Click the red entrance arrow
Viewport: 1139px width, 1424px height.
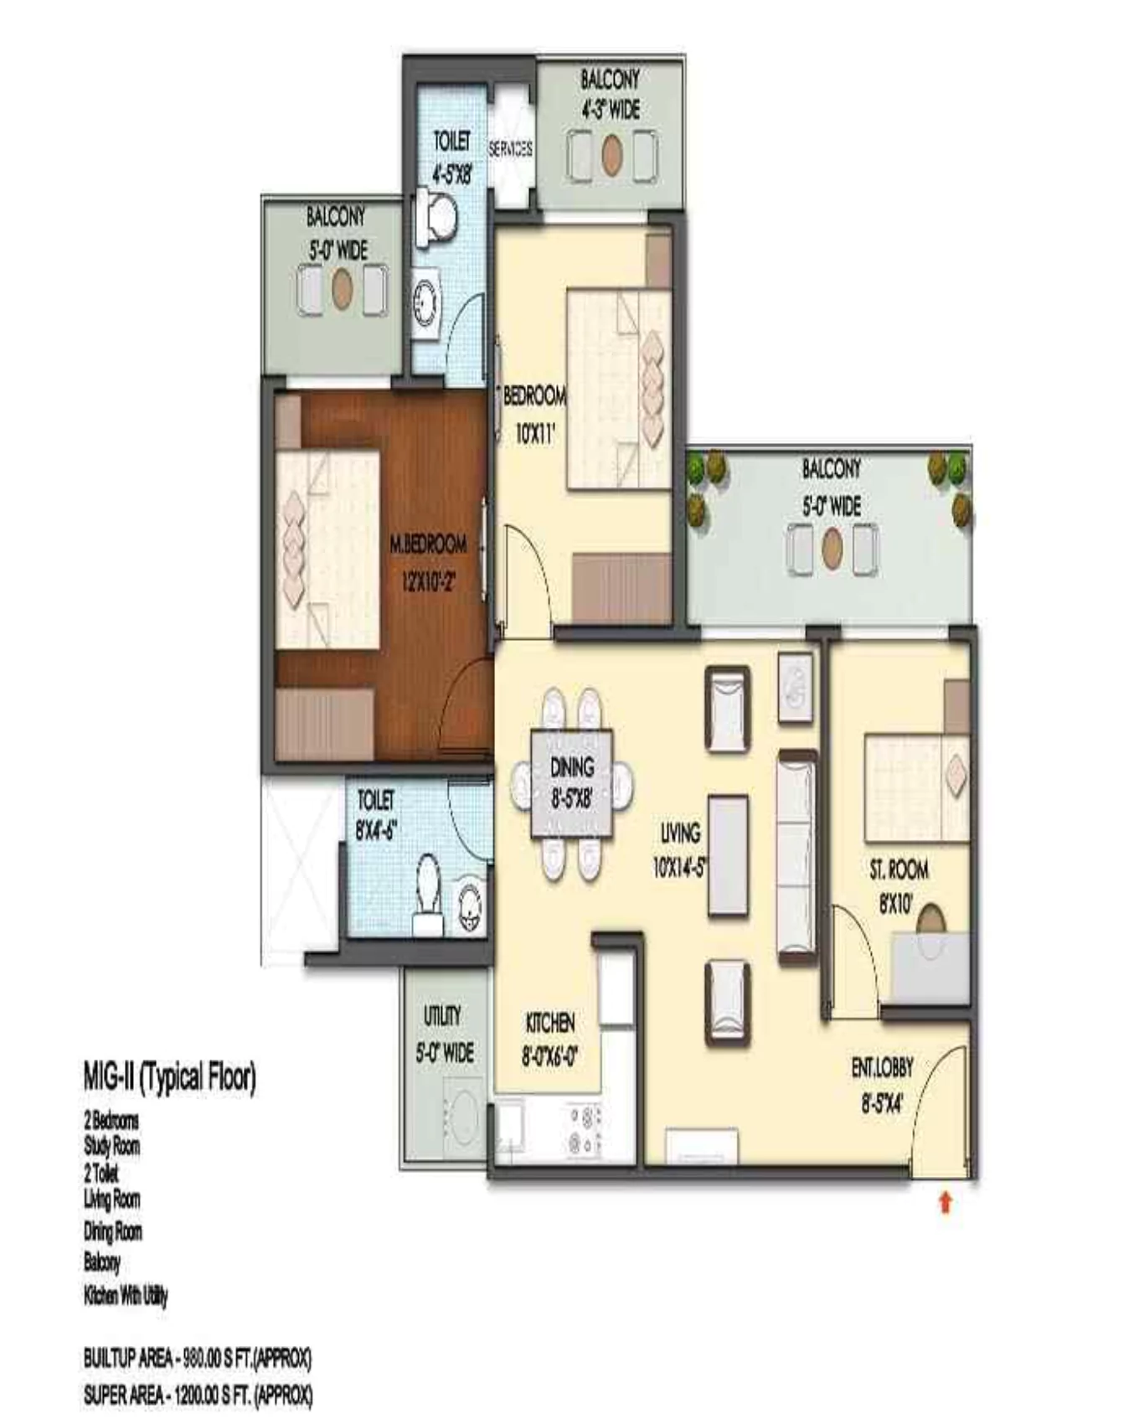point(946,1203)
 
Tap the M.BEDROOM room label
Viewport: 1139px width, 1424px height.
point(428,545)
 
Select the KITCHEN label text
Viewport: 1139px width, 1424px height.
point(550,1023)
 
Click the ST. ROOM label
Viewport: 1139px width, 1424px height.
point(899,870)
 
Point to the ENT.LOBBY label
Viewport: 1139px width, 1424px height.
point(882,1068)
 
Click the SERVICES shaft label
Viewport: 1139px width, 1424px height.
point(510,149)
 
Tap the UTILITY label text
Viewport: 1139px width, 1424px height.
point(442,1016)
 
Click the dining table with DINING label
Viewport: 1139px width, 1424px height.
point(572,783)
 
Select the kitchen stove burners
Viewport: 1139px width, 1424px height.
point(585,1130)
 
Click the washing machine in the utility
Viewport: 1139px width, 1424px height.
point(461,1117)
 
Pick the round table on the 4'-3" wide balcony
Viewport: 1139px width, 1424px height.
point(612,155)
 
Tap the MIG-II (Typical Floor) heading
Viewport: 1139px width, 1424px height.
point(169,1077)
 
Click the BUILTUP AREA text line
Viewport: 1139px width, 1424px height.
point(198,1358)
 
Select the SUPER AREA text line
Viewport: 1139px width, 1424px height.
point(198,1395)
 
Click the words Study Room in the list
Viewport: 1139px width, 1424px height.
point(111,1146)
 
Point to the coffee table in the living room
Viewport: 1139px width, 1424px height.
point(728,855)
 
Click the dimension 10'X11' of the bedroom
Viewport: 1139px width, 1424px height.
point(535,433)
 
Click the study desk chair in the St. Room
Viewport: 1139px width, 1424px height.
point(930,921)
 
